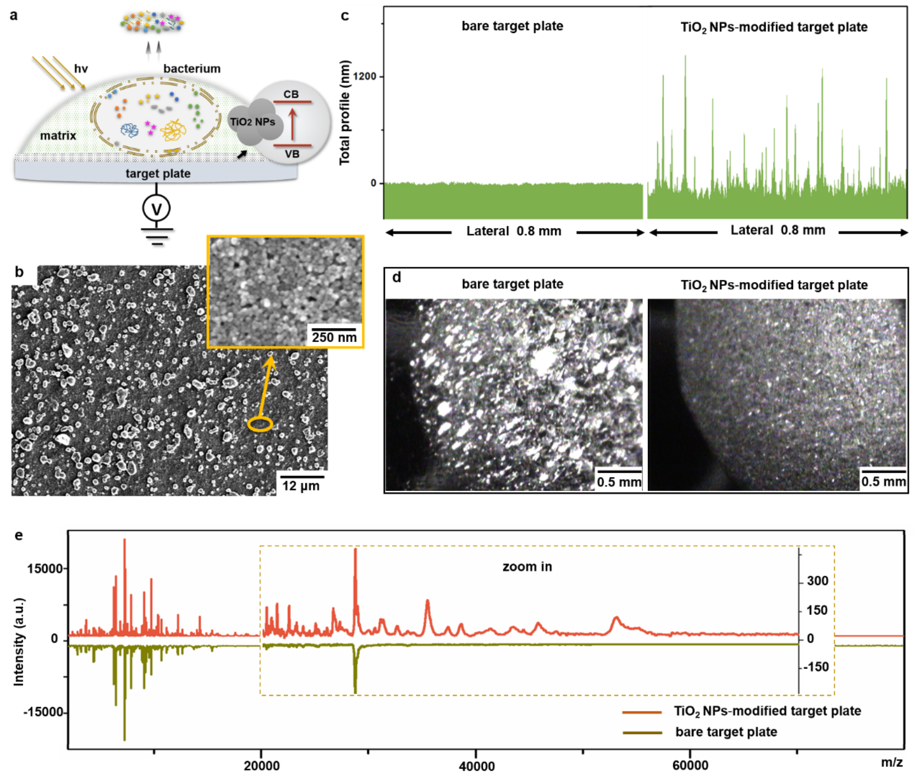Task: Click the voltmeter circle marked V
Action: tap(156, 208)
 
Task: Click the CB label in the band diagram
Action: tap(291, 95)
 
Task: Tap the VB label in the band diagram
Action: tap(292, 154)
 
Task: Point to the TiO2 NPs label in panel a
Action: tap(252, 122)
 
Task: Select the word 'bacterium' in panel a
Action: tap(191, 69)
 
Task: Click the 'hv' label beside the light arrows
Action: tap(81, 69)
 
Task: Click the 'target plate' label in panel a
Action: tap(158, 174)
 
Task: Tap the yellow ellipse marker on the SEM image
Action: tap(260, 424)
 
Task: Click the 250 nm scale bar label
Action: tap(334, 337)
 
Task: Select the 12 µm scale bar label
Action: tap(300, 486)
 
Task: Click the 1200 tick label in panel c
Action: tap(365, 76)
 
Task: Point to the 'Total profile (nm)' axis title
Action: tap(345, 112)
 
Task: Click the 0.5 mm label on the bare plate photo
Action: tap(619, 482)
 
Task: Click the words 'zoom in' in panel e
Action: tap(527, 567)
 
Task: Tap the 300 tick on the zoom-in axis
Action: tap(817, 581)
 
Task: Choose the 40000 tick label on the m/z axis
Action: tap(476, 766)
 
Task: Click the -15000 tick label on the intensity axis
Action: tap(43, 713)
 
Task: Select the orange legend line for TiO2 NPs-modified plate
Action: tap(642, 712)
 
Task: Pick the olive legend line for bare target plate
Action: tap(642, 732)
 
